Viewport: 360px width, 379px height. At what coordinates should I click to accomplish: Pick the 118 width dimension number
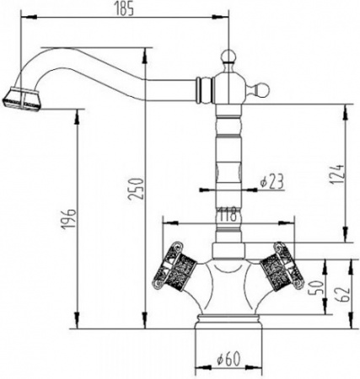click(226, 216)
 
